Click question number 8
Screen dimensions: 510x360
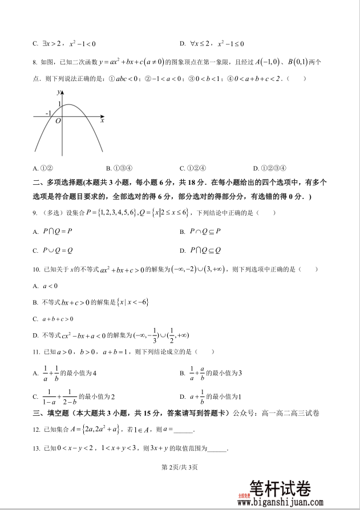click(35, 63)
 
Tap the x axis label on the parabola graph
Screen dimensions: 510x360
click(102, 120)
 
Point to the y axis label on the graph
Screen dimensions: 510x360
click(59, 92)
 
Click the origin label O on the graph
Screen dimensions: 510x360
click(58, 121)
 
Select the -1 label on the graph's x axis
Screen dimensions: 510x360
click(48, 113)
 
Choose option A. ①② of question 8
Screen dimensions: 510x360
click(43, 168)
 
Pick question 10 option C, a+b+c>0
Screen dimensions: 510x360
click(53, 319)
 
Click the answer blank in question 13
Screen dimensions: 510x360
click(217, 449)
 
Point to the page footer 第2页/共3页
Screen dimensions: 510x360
click(180, 468)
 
